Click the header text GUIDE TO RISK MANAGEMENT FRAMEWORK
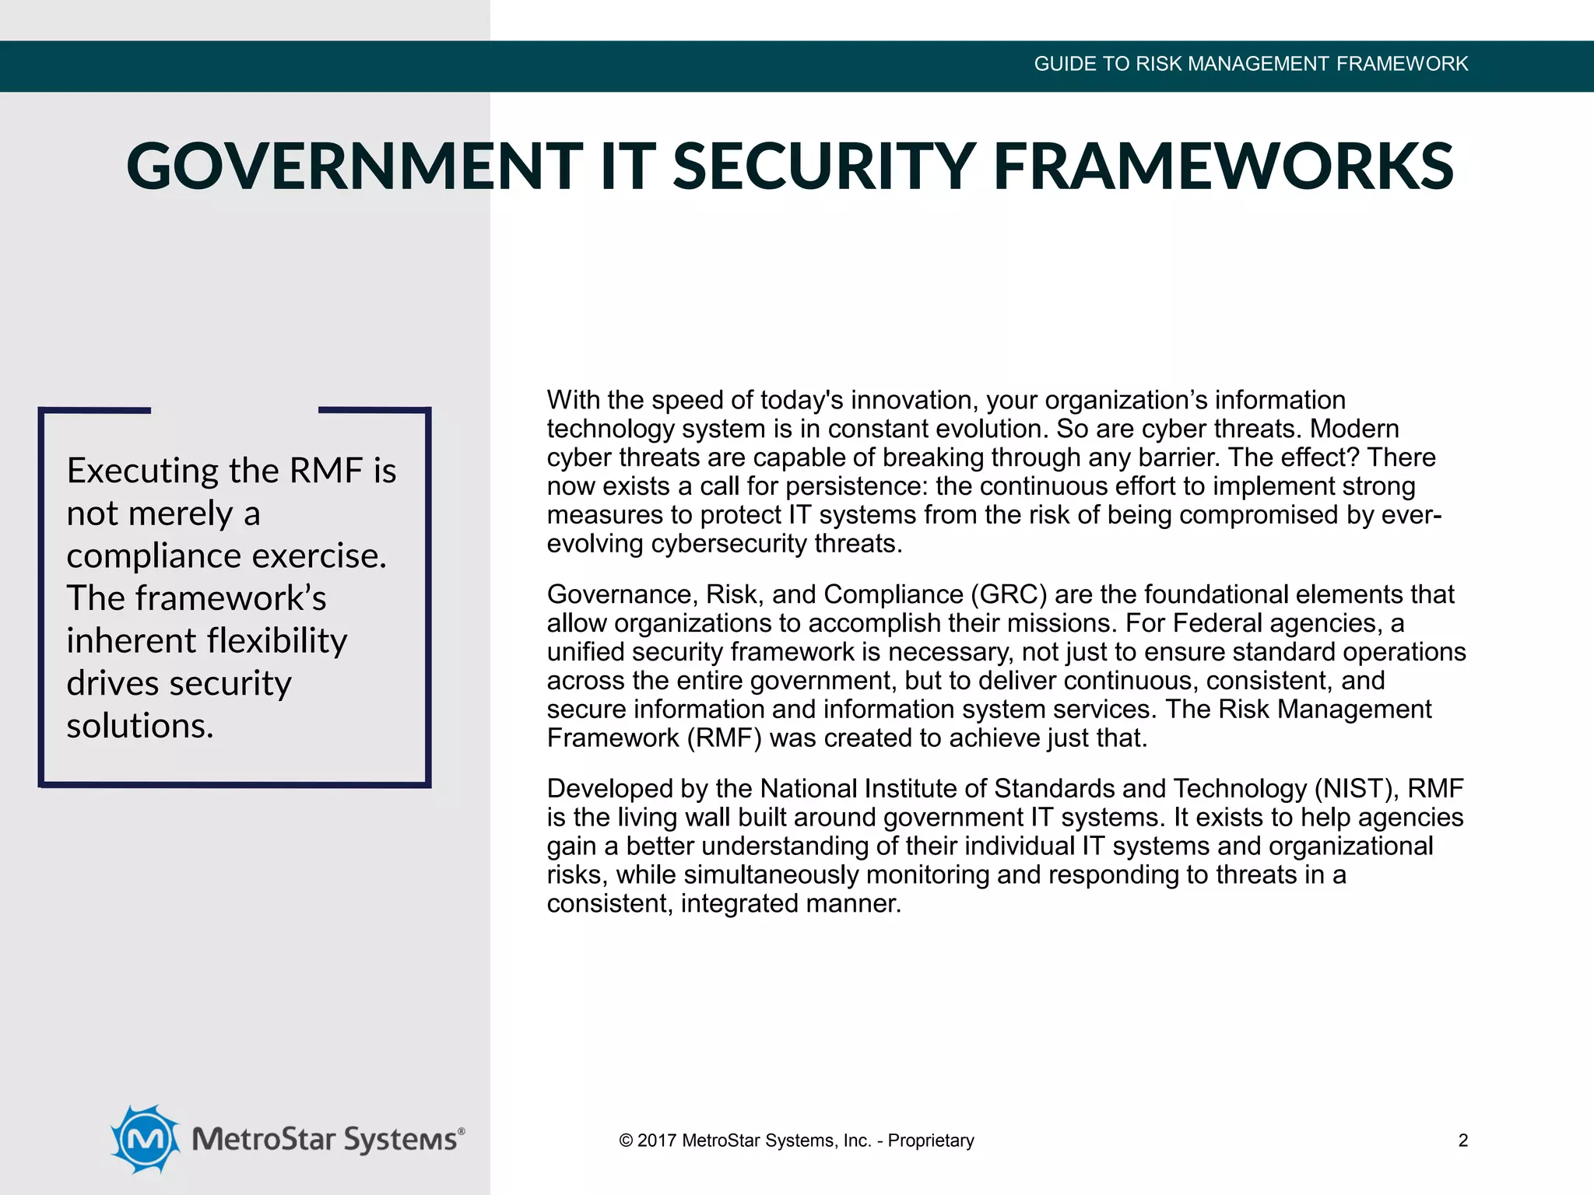pos(1250,64)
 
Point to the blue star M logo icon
pos(146,1138)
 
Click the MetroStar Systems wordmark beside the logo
pos(328,1139)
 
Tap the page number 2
pos(1462,1141)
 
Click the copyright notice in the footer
pos(795,1141)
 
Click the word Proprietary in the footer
pos(931,1141)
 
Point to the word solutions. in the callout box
pos(140,726)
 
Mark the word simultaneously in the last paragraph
pos(771,875)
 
